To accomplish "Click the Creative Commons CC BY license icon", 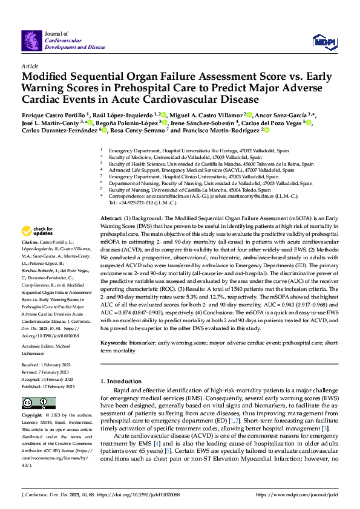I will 35,403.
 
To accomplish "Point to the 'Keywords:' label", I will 114,343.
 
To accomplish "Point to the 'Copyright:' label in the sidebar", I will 32,416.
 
